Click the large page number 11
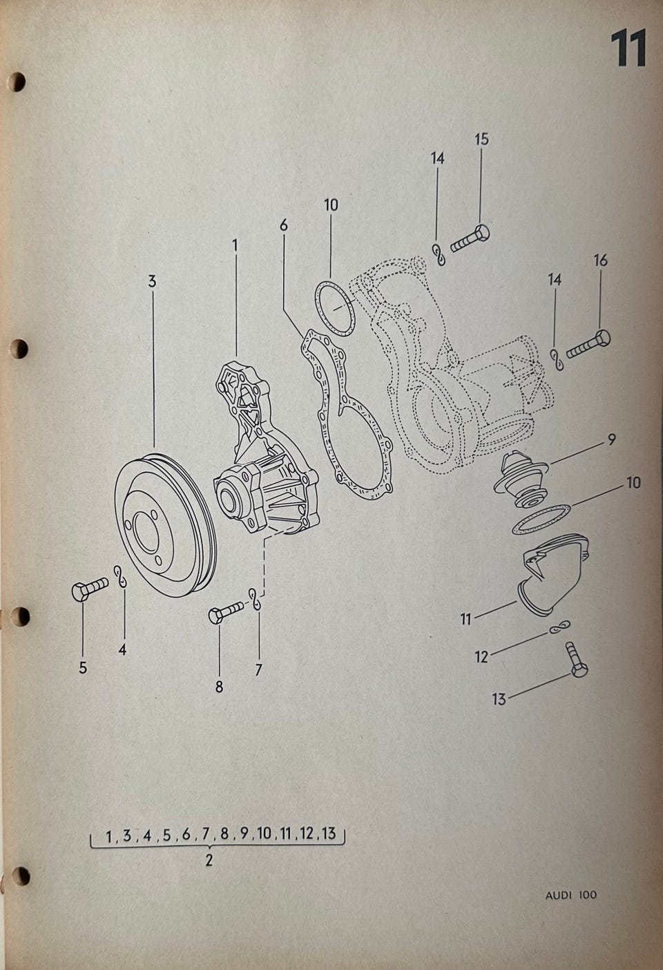(x=628, y=48)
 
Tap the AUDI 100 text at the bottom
(x=571, y=895)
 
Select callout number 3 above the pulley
(x=152, y=281)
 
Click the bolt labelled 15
(x=470, y=238)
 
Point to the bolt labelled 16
(x=588, y=343)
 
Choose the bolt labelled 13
(x=577, y=660)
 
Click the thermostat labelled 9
(x=522, y=479)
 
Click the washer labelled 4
(x=121, y=577)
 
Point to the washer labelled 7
(x=256, y=599)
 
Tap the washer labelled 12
(x=559, y=627)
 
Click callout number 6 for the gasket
(x=283, y=225)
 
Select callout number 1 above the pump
(x=235, y=245)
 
